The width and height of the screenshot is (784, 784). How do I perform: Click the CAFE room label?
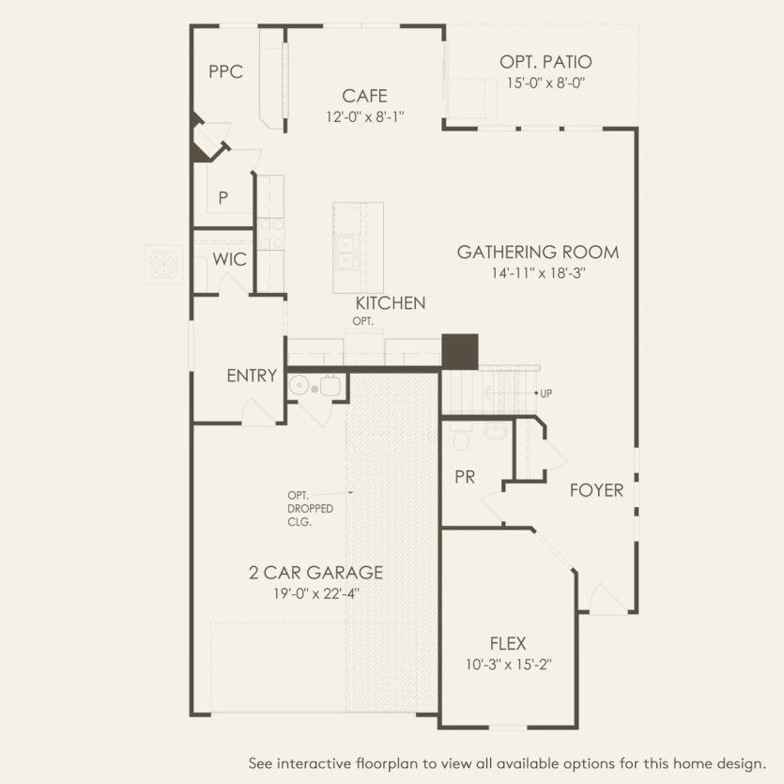tap(364, 96)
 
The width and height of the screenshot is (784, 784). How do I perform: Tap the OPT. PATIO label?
tap(546, 62)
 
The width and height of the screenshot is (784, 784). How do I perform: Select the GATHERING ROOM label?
tap(538, 252)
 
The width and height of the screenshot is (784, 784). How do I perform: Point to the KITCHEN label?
tap(391, 303)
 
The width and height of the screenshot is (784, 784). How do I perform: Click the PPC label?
tap(226, 71)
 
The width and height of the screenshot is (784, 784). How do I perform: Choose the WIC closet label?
tap(229, 259)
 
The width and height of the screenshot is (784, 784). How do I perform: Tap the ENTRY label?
tap(252, 376)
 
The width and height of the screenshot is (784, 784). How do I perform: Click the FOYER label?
tap(596, 490)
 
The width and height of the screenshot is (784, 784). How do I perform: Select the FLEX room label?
tap(508, 643)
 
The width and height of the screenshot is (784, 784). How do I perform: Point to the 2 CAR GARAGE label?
tap(316, 573)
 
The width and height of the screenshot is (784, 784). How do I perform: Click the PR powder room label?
tap(465, 477)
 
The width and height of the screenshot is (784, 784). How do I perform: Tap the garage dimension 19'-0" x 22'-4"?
tap(316, 593)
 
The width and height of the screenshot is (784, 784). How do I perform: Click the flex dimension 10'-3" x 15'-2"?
tap(509, 665)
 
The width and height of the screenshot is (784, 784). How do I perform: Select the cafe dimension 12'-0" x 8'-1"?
tap(365, 117)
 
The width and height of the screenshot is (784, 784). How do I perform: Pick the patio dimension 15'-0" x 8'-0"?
tap(546, 83)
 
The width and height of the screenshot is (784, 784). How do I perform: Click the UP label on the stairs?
tap(546, 393)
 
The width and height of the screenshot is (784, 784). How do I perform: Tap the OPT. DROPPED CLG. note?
tap(310, 509)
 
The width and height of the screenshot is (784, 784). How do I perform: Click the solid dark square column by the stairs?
tap(460, 352)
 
